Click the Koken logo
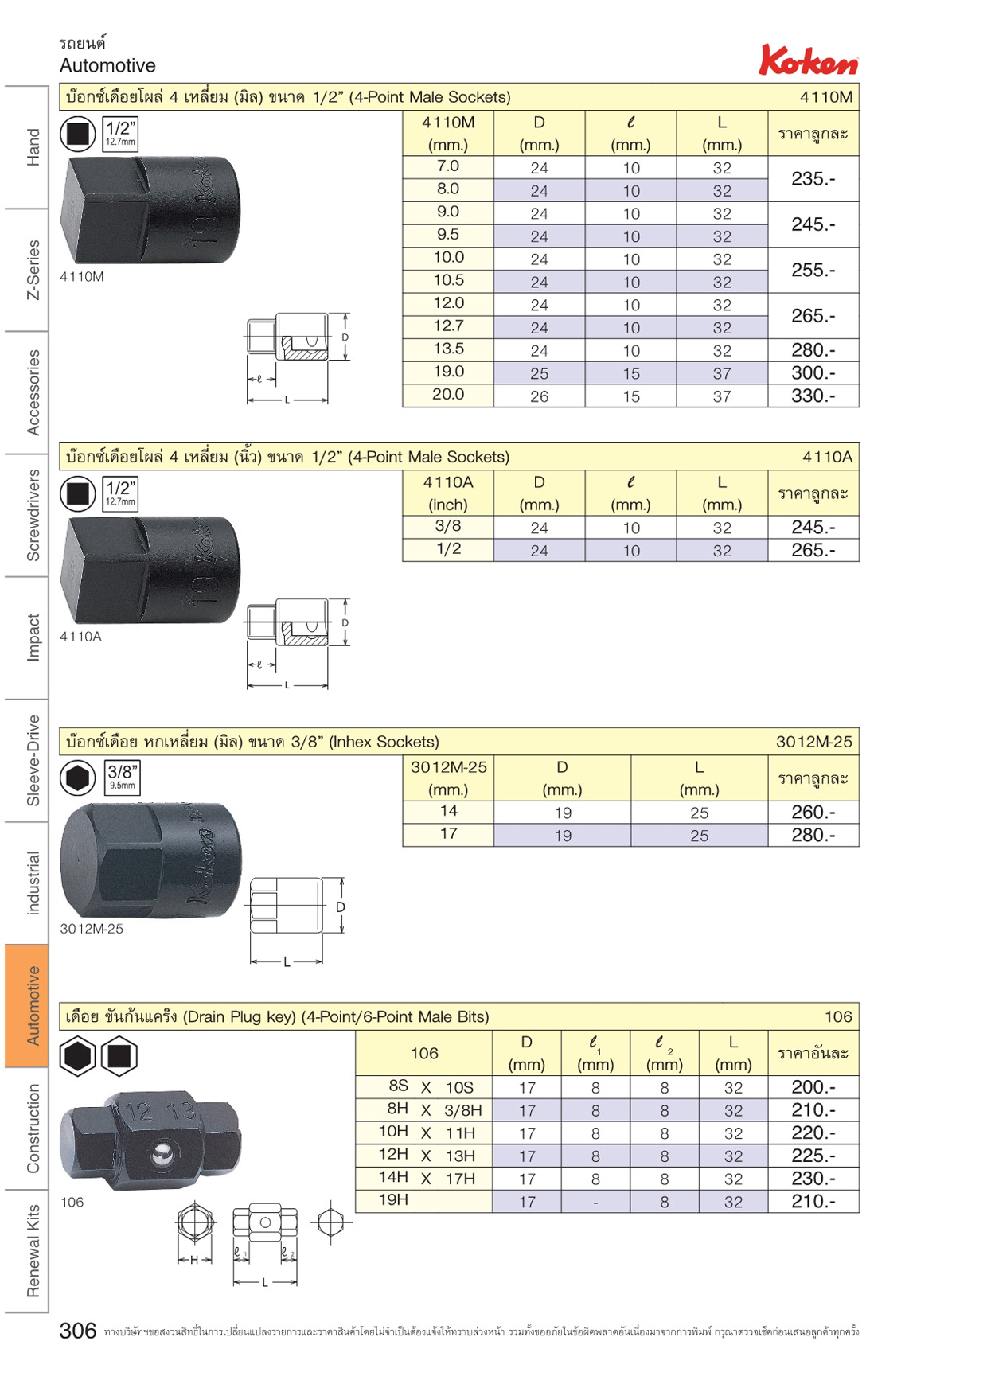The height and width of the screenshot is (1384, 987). click(x=808, y=60)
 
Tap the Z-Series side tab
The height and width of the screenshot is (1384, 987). click(x=33, y=270)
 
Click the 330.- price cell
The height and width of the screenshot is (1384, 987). click(x=813, y=396)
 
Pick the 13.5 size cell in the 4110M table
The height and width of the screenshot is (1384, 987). click(x=448, y=349)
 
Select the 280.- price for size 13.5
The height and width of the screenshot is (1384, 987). click(x=813, y=350)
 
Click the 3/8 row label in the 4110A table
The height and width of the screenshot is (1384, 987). click(x=448, y=526)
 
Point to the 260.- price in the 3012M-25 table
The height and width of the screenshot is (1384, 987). click(x=813, y=812)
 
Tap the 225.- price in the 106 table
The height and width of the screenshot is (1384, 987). click(x=813, y=1156)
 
